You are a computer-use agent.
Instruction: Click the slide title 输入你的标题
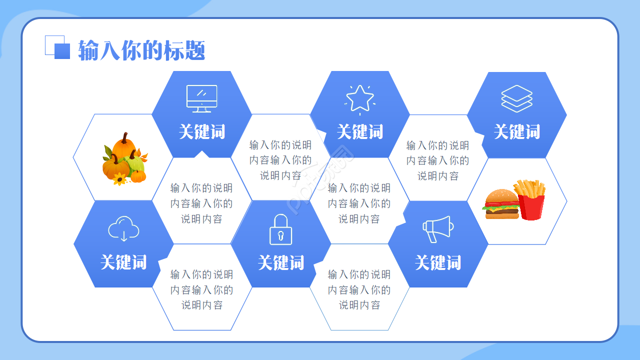(141, 50)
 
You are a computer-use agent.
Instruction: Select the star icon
(360, 98)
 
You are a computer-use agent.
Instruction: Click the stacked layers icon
(517, 98)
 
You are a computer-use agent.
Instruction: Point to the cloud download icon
(123, 229)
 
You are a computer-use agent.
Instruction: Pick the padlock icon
(281, 229)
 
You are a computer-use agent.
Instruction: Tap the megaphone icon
(438, 228)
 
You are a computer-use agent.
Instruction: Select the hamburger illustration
(501, 204)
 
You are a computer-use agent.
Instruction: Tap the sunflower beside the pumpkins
(119, 179)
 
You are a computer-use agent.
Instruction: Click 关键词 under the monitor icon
(202, 132)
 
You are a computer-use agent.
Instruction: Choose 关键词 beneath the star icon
(360, 132)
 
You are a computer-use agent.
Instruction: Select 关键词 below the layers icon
(517, 132)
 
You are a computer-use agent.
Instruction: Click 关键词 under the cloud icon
(123, 262)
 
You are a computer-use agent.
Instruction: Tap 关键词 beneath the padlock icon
(281, 262)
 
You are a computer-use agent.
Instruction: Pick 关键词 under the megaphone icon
(438, 262)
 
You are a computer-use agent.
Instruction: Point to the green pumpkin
(135, 163)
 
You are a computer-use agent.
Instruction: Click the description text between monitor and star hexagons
(280, 160)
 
